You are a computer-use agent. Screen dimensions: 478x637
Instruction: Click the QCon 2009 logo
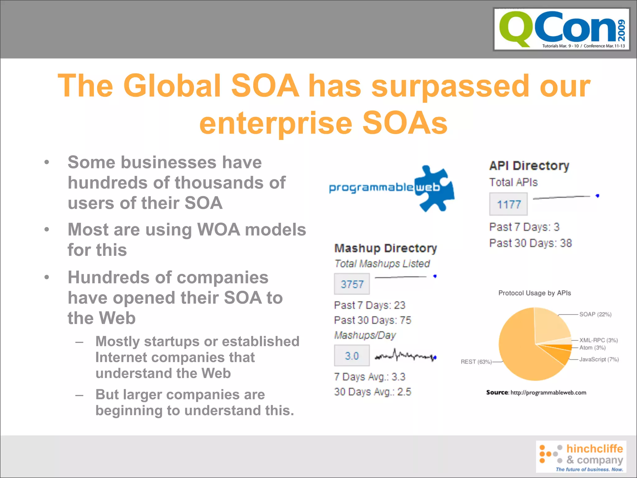coord(561,29)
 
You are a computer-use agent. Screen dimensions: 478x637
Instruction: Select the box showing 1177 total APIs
coord(508,204)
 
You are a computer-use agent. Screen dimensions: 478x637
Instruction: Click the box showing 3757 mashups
coord(352,284)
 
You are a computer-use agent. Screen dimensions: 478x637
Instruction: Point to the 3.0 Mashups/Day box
coord(352,355)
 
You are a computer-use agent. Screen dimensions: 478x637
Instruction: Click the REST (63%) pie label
coord(476,362)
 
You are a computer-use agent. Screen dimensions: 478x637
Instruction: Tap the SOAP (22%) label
coord(595,314)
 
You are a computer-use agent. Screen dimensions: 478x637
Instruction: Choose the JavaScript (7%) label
coord(599,359)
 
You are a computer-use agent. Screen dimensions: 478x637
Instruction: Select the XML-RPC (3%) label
coord(598,340)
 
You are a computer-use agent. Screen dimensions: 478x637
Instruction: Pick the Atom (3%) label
coord(592,348)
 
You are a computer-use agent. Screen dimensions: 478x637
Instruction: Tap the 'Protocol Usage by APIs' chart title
coord(534,293)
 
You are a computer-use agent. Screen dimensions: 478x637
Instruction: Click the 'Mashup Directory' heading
coord(385,248)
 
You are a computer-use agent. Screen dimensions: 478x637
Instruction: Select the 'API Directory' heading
coord(529,166)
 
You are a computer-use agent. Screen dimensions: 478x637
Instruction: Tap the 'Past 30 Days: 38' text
coord(530,243)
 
